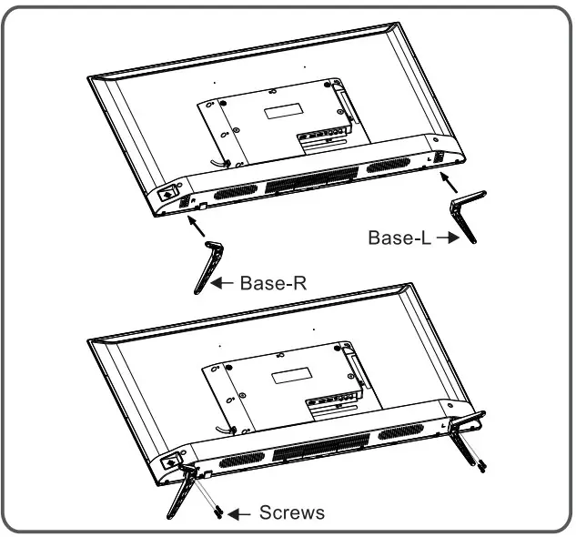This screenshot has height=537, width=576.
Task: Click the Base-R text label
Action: tap(273, 283)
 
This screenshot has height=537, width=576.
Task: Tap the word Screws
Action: tap(291, 513)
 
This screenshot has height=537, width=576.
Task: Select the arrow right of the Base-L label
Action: tap(445, 238)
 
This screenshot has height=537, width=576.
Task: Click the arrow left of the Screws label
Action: tap(238, 514)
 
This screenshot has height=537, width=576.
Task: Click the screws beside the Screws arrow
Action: tap(219, 512)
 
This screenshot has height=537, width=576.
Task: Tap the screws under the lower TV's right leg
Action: tap(480, 465)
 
